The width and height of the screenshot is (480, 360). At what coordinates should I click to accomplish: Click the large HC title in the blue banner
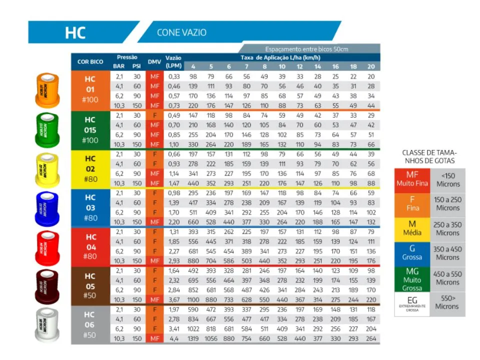coord(75,32)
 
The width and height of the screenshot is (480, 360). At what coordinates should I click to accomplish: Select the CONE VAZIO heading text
coord(181,32)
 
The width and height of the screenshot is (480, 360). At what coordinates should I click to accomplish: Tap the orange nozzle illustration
coord(47,90)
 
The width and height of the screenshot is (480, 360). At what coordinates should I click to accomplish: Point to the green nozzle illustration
coord(47,129)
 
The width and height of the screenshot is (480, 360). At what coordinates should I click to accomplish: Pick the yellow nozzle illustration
coord(47,169)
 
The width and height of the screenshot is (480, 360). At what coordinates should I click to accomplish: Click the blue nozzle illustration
coord(47,208)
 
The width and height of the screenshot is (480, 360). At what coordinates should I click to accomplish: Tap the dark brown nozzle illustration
coord(47,287)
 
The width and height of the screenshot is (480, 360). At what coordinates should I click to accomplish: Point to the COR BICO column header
coord(90,61)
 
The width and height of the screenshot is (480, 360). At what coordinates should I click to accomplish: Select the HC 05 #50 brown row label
coord(90,285)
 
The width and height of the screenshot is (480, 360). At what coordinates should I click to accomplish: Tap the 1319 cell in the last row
coord(193,338)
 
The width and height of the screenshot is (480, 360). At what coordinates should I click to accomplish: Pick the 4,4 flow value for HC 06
coord(173,338)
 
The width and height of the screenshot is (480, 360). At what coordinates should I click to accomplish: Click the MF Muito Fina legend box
coord(412,179)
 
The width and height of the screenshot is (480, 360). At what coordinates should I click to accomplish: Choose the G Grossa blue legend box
coord(412,253)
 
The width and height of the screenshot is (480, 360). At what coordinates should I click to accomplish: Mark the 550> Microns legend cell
coord(446,302)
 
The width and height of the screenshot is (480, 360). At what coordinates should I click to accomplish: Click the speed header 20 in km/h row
coord(370,66)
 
